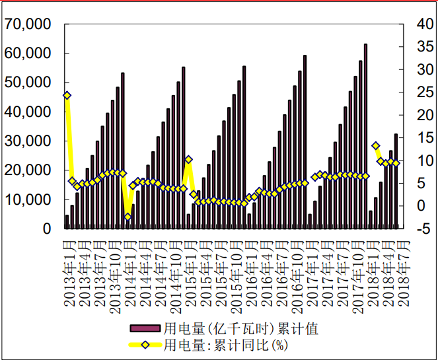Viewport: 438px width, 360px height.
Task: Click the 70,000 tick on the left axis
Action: (x=28, y=24)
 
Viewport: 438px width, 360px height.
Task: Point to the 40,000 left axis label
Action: (x=28, y=112)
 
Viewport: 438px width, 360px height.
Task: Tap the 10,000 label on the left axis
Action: (x=28, y=199)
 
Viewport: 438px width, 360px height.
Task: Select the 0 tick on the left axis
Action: (x=47, y=229)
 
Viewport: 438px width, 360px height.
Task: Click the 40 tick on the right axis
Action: (x=411, y=24)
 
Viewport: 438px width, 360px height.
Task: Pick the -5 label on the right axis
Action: (x=411, y=229)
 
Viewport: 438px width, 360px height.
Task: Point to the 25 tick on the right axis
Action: (x=411, y=92)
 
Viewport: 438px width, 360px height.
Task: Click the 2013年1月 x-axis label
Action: (x=69, y=270)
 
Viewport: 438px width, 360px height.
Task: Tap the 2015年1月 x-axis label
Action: (x=189, y=270)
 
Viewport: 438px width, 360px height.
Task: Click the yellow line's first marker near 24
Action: (x=67, y=95)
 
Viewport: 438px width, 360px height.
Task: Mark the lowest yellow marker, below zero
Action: (x=128, y=217)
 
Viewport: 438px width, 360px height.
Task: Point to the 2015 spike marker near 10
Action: (x=188, y=159)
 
